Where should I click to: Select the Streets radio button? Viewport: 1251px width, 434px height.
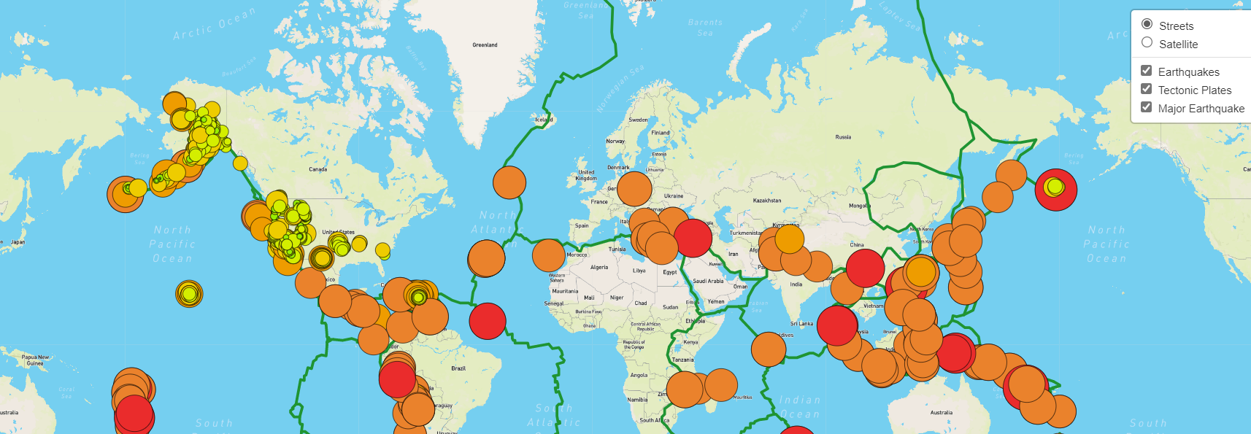[1147, 25]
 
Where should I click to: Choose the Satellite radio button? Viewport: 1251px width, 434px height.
[1147, 43]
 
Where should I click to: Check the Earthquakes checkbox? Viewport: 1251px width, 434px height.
[1147, 71]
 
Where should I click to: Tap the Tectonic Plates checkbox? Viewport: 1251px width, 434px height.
[1147, 89]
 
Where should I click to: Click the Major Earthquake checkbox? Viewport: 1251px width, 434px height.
[1147, 107]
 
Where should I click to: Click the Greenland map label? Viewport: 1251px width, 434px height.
[485, 45]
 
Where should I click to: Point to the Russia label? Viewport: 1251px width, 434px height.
[843, 137]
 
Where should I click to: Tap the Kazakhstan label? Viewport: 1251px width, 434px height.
[767, 201]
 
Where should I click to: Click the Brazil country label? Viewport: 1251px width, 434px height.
[458, 368]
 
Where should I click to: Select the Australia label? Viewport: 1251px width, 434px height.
[942, 413]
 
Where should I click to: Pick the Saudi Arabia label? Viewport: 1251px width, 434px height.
[708, 281]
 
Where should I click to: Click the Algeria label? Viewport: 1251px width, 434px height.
[599, 268]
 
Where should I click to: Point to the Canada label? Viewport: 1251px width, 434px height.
[317, 169]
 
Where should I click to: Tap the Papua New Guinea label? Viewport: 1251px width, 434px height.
[35, 360]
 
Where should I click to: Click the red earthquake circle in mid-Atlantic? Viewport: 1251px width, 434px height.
[488, 321]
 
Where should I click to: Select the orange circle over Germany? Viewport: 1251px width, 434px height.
[634, 190]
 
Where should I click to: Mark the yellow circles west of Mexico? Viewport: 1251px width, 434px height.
[189, 294]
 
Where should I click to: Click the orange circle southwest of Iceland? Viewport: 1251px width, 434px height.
[509, 182]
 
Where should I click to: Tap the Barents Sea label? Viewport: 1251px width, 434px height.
[705, 27]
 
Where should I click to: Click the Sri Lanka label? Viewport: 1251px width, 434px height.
[801, 324]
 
